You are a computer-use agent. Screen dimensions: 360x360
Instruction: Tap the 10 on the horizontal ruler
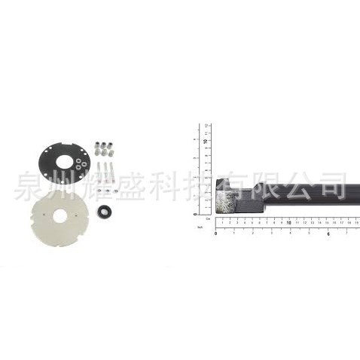click(289, 223)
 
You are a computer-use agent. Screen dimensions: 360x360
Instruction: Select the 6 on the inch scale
click(329, 233)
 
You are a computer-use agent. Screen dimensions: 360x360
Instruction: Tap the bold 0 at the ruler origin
click(216, 233)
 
